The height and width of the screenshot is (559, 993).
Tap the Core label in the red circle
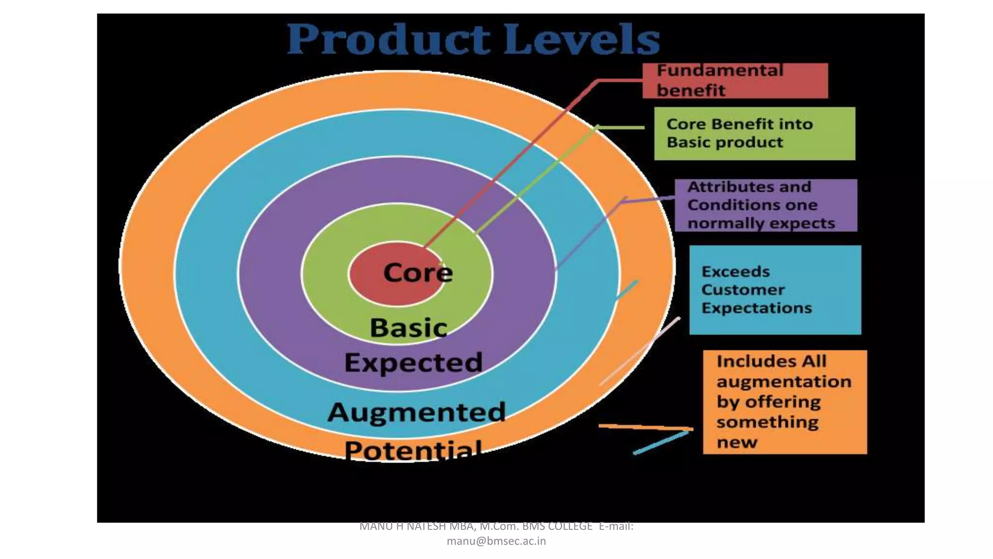click(418, 273)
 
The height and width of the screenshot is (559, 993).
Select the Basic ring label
click(408, 328)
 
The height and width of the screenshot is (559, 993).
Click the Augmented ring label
click(416, 412)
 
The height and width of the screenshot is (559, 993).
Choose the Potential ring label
click(413, 449)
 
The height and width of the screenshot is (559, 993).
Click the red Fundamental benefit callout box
click(735, 81)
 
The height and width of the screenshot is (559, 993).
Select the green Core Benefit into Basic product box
click(754, 133)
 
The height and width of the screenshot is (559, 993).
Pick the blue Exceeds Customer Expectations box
click(775, 290)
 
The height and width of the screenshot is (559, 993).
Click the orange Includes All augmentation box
click(785, 402)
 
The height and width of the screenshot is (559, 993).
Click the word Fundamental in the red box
click(720, 71)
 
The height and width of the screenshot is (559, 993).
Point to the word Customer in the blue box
click(743, 290)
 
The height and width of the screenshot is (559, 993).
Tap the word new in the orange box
click(737, 443)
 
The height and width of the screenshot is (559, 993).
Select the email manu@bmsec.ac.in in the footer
click(496, 541)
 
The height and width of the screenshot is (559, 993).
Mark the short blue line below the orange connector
click(660, 443)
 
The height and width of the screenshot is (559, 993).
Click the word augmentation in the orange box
click(784, 382)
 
